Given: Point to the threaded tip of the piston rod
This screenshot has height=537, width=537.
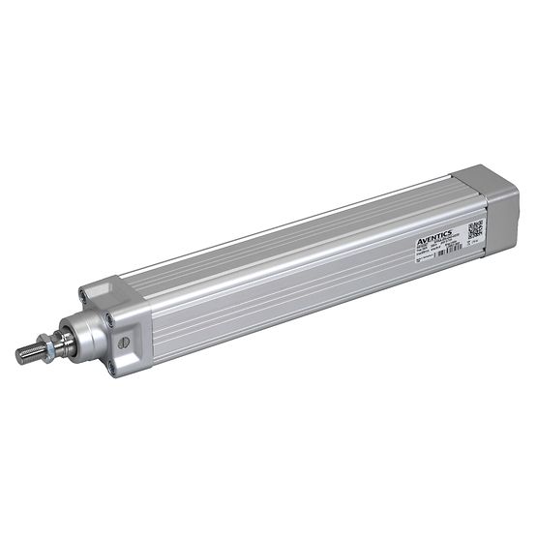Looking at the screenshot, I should click(x=26, y=352).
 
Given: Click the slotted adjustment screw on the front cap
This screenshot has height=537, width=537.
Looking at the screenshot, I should click(x=124, y=344).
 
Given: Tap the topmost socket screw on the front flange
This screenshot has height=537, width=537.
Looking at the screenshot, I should click(x=90, y=289).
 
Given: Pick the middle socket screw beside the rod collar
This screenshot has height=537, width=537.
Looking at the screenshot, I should click(x=113, y=317).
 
